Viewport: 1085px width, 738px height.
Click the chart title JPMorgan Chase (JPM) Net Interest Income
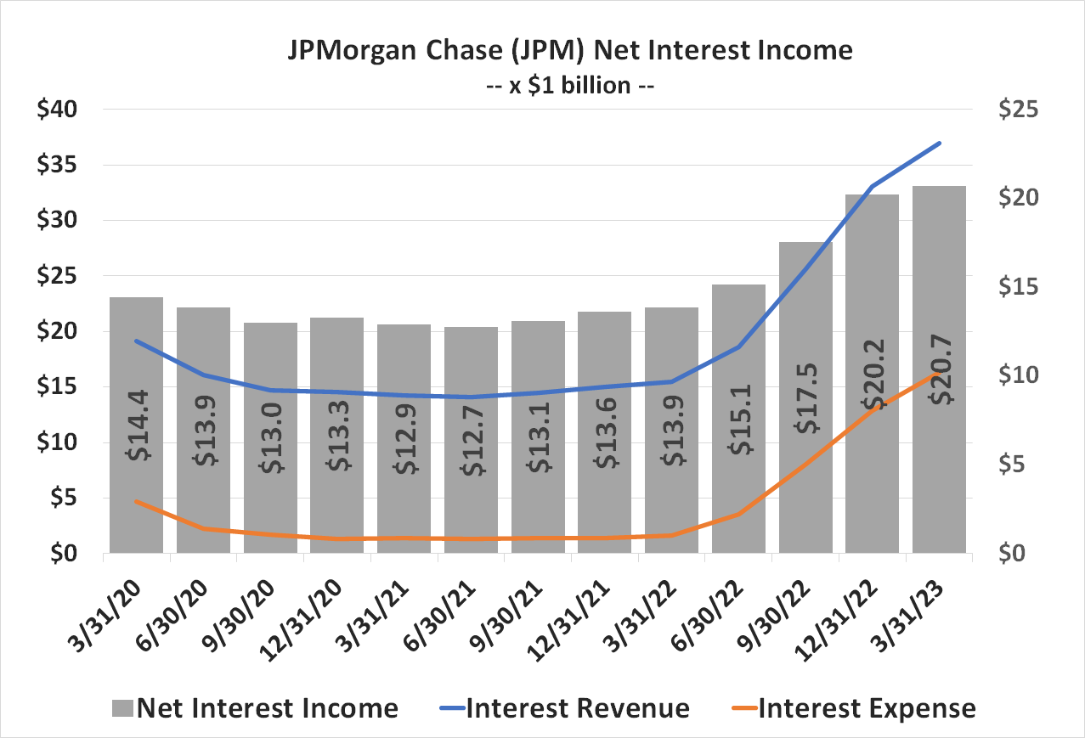pos(568,50)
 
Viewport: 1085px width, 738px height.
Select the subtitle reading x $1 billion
pos(568,85)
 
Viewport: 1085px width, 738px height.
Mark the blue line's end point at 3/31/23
pos(939,143)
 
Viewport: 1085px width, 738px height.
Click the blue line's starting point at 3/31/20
pos(137,341)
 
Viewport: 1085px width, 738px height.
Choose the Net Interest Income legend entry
pos(254,708)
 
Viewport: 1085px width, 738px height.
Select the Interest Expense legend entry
pos(853,708)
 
